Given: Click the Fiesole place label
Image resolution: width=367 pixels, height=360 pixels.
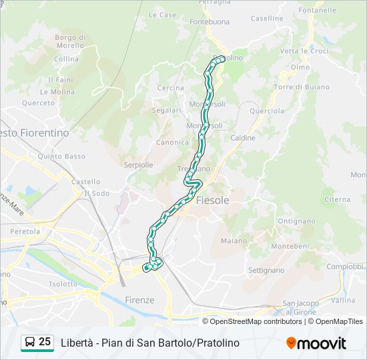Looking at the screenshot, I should (x=213, y=200).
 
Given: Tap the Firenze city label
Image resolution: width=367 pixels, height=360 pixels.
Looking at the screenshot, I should (x=139, y=300).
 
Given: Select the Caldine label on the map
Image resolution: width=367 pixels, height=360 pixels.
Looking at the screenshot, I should (x=243, y=138).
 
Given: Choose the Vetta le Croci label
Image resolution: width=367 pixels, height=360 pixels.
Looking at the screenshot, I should (x=304, y=51).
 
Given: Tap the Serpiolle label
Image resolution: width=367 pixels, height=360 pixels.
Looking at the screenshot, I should (x=139, y=165).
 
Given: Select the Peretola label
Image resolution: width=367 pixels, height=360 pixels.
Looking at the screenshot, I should (x=25, y=231).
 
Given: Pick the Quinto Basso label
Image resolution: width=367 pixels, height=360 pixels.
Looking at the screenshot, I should (x=61, y=157).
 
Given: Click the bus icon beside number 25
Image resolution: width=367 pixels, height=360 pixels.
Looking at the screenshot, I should (x=30, y=343).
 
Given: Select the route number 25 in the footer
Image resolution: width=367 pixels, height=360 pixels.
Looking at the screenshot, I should (x=45, y=342).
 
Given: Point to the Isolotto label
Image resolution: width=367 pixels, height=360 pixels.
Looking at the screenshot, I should (x=63, y=283).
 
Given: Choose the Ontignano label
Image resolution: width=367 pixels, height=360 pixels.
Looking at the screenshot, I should (x=296, y=221).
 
